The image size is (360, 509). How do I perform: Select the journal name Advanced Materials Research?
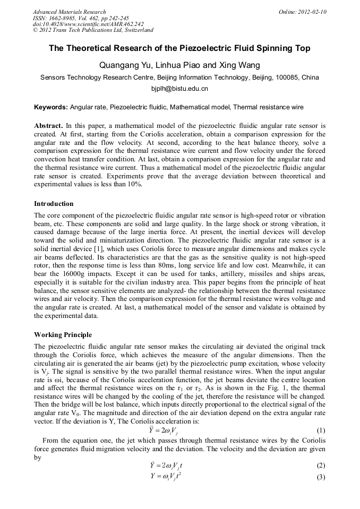70,12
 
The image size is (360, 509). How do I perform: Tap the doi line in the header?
88,24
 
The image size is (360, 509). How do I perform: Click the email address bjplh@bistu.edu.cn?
179,89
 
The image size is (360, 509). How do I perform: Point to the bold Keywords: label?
51,107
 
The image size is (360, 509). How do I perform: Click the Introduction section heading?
54,204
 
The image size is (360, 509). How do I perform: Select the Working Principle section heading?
63,335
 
